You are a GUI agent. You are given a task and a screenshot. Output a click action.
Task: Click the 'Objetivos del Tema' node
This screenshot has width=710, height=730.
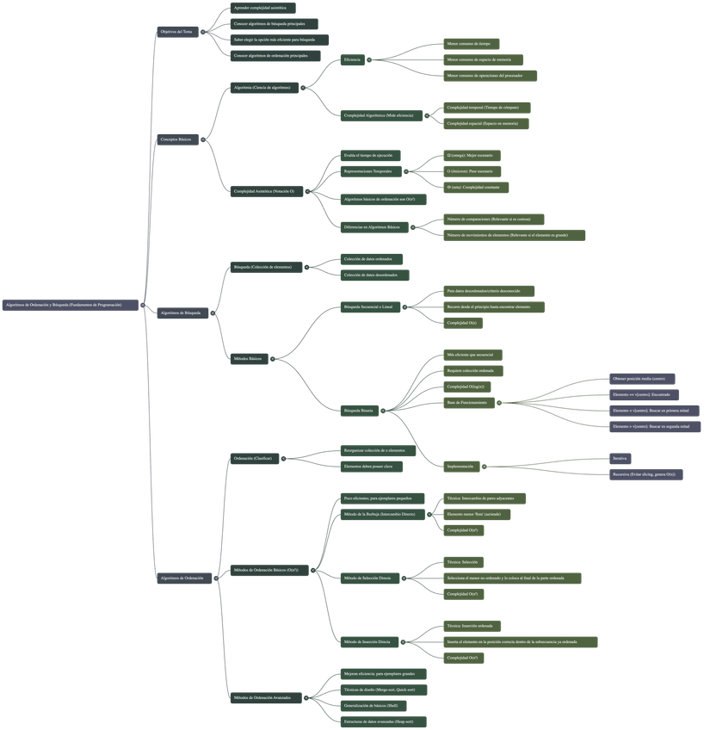176,32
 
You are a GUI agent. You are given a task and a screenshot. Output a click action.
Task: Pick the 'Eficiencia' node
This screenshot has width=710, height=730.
354,59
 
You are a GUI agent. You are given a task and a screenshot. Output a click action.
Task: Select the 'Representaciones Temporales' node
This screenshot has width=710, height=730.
369,171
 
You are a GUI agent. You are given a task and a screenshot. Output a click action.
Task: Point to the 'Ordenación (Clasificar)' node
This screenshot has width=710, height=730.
254,459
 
